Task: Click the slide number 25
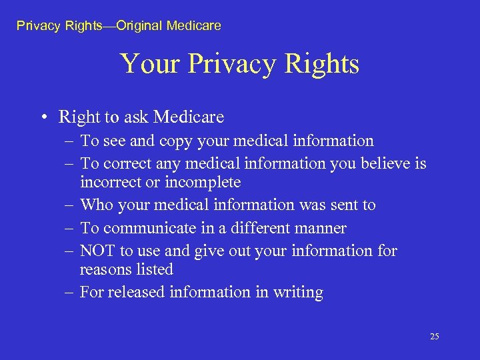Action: [434, 337]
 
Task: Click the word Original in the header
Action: [139, 26]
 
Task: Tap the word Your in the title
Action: [151, 64]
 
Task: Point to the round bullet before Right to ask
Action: [43, 118]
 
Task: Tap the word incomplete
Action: [203, 182]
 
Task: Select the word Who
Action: [97, 205]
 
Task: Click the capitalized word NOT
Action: [98, 251]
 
